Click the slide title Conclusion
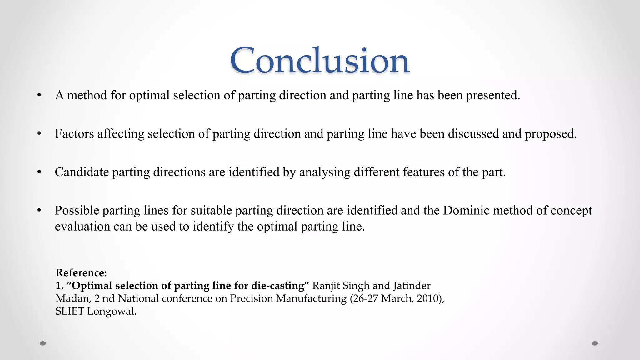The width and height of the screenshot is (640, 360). [x=319, y=60]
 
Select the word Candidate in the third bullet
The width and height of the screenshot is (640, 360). [x=82, y=172]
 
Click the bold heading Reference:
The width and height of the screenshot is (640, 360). [x=81, y=273]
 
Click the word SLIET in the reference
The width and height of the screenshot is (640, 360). [x=70, y=311]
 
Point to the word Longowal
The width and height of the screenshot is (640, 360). [x=112, y=311]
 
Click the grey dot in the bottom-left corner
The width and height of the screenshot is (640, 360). [x=43, y=343]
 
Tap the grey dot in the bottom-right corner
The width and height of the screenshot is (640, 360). [x=595, y=343]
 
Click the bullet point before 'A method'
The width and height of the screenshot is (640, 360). [x=39, y=95]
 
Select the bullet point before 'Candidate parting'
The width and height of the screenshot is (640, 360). [x=39, y=172]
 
